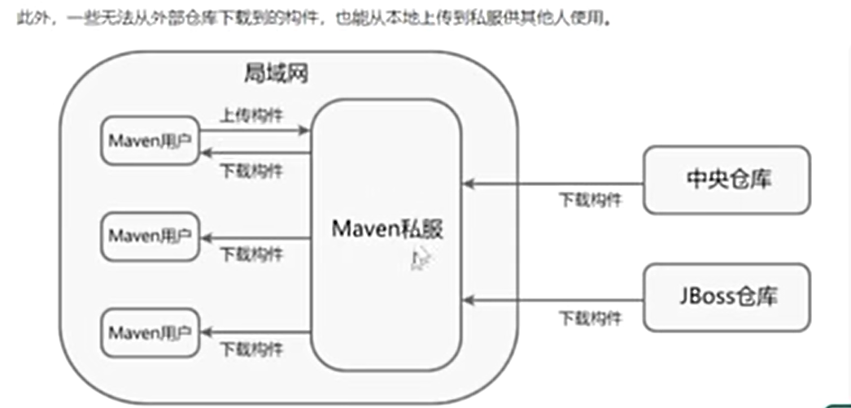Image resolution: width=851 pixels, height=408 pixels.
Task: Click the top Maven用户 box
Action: pos(150,141)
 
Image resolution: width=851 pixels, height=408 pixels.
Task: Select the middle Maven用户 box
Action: pos(150,237)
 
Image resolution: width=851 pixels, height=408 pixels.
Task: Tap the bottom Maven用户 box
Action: pos(150,332)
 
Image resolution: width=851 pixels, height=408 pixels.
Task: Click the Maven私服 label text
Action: pos(388,228)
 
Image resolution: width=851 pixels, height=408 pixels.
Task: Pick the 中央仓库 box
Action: pos(726,180)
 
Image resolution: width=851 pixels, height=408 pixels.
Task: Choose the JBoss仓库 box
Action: pos(726,296)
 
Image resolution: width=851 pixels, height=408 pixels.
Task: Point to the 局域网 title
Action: pos(276,73)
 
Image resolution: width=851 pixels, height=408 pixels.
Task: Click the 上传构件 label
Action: pos(251,115)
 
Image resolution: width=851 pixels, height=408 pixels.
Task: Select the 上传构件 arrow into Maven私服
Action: pos(254,129)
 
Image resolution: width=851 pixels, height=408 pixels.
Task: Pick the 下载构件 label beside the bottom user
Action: pos(251,349)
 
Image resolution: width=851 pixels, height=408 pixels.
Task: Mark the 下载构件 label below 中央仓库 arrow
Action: pos(591,199)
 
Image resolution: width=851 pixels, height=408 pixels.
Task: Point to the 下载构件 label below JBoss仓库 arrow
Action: pos(591,318)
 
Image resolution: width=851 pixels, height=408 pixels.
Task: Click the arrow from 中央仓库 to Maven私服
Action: pos(552,184)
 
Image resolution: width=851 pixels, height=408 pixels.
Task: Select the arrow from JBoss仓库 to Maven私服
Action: pos(552,301)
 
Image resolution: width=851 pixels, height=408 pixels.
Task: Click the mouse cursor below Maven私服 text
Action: pos(420,259)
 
